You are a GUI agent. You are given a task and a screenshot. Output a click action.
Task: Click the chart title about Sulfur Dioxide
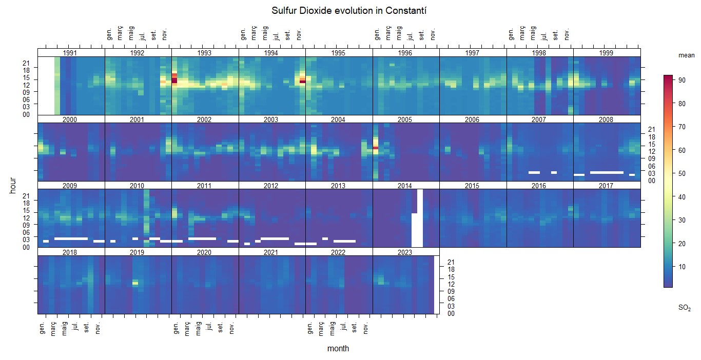click(x=350, y=11)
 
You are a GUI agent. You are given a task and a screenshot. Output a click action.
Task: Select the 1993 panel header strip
click(x=205, y=53)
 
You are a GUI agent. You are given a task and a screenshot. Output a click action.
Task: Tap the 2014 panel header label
click(x=405, y=186)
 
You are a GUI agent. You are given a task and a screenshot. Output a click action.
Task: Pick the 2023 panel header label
click(x=405, y=252)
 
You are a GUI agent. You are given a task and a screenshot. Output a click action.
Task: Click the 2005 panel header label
click(x=405, y=119)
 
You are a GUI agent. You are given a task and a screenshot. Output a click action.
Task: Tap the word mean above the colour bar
click(x=686, y=55)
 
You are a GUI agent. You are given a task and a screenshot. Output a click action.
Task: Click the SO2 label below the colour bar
click(x=685, y=308)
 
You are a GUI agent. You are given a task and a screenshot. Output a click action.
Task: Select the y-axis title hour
click(x=13, y=185)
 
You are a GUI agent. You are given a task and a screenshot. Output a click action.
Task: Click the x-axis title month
click(x=338, y=349)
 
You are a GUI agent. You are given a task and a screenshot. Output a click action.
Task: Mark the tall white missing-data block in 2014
click(x=418, y=226)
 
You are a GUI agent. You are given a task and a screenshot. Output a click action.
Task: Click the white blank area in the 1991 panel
click(x=46, y=85)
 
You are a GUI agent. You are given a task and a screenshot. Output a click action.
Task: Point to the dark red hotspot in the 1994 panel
click(x=302, y=81)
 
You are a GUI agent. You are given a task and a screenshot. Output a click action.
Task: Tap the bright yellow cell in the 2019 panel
click(x=135, y=283)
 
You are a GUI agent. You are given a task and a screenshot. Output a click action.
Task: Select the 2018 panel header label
click(x=70, y=252)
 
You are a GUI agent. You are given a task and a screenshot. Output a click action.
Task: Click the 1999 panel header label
click(x=606, y=53)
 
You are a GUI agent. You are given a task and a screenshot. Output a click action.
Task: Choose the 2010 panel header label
click(x=137, y=186)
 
